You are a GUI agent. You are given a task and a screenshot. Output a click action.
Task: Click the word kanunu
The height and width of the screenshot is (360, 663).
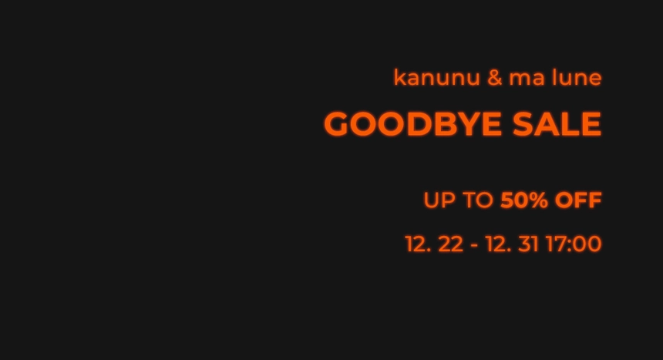[x=437, y=78]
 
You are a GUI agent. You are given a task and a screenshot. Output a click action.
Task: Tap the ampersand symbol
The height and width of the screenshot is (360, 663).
[x=495, y=78]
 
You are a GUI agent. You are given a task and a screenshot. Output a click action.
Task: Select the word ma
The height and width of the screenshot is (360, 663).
[x=527, y=79]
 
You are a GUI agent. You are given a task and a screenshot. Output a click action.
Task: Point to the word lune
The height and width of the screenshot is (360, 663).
[x=577, y=78]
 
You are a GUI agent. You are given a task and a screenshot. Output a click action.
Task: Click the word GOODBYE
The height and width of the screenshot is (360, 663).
[x=413, y=124]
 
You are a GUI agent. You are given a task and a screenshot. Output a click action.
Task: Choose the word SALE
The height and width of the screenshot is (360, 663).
[x=557, y=124]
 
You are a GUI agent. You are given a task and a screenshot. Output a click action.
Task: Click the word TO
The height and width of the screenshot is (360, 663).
[x=478, y=200]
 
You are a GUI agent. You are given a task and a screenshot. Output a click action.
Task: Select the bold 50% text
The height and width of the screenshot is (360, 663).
[x=524, y=200]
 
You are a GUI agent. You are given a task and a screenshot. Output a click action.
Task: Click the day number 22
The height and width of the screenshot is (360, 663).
[x=451, y=244]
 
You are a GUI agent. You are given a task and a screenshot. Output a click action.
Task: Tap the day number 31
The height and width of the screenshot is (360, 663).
[x=529, y=244]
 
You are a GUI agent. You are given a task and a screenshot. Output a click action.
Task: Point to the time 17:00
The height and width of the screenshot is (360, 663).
[x=574, y=244]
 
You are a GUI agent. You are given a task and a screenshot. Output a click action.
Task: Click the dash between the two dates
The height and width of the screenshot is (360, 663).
[x=474, y=246]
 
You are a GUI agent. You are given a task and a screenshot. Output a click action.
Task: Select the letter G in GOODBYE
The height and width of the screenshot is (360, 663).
[x=336, y=124]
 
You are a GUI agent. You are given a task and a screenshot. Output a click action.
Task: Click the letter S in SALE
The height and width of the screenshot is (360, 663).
[x=523, y=124]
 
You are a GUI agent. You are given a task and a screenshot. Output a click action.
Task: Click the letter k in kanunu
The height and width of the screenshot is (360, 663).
[x=399, y=78]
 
